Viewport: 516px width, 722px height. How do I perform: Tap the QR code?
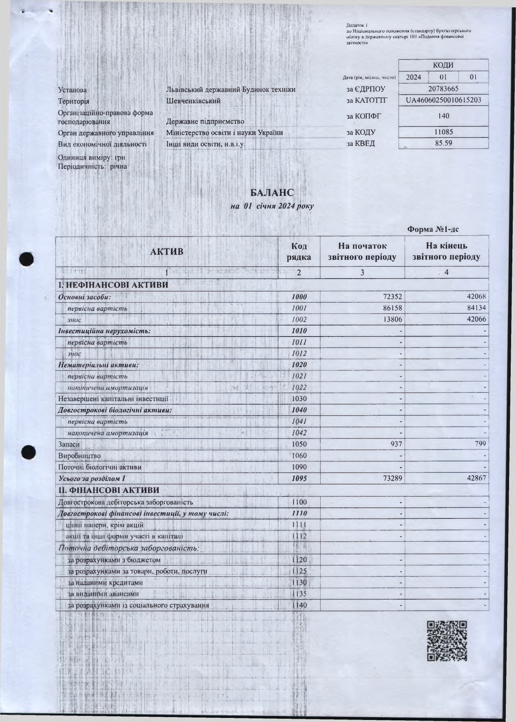click(447, 641)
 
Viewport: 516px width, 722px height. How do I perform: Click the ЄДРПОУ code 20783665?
click(443, 89)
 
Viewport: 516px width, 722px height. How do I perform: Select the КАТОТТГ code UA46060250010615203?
click(443, 100)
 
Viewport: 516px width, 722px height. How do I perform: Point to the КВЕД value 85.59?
click(443, 143)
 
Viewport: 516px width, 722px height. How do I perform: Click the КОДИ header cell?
click(443, 65)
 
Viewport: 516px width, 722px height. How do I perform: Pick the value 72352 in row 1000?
click(391, 297)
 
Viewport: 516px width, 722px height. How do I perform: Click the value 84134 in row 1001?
click(475, 308)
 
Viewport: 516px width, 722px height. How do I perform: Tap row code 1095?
click(299, 478)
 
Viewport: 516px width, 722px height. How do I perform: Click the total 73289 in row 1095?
click(391, 478)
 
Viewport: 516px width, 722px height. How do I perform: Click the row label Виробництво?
click(80, 456)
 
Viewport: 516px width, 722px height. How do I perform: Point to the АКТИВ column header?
click(167, 252)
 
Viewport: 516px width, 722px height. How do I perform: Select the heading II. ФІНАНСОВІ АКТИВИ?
click(109, 490)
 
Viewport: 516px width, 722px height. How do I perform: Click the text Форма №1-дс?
click(433, 229)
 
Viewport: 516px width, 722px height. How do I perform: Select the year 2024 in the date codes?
click(414, 77)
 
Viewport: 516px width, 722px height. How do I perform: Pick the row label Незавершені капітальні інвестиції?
click(113, 399)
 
